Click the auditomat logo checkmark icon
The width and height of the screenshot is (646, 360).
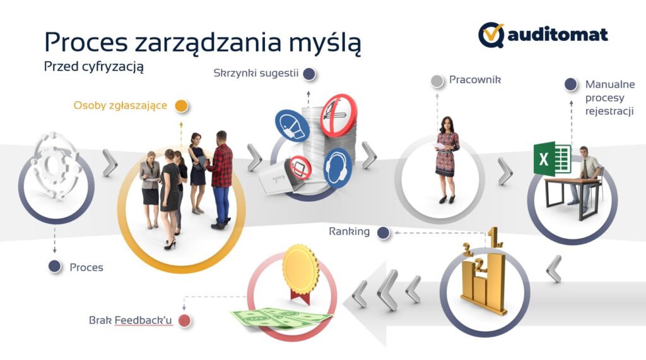tap(491, 35)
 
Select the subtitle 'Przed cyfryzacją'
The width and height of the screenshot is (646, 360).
tap(94, 67)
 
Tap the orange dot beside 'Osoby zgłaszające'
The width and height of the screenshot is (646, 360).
tap(181, 106)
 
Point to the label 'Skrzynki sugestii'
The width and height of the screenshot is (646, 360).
tap(256, 73)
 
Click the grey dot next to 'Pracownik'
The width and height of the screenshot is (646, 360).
tap(437, 81)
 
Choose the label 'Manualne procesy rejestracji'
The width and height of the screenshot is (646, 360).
tap(610, 98)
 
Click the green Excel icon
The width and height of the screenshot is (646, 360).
tap(551, 159)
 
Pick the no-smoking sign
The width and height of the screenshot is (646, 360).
tap(339, 115)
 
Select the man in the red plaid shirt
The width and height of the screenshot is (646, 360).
tap(220, 180)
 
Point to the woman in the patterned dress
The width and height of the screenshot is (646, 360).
tap(446, 160)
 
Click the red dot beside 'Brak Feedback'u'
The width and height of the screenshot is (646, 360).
tap(184, 320)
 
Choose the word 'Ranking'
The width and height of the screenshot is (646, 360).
tap(349, 231)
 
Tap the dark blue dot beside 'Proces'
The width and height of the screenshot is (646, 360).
tap(55, 267)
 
